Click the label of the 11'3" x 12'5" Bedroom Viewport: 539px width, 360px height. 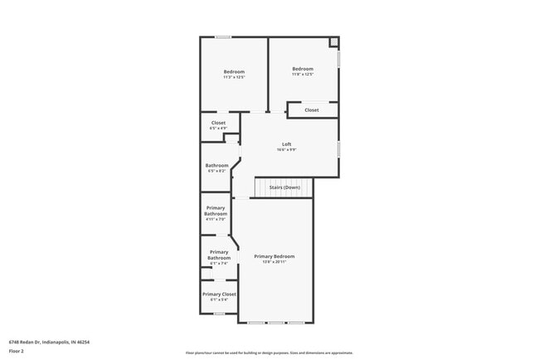pos(234,72)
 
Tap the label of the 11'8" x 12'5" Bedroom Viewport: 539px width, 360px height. pos(303,69)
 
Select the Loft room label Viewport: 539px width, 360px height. pos(287,144)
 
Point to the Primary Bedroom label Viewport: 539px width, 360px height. pos(274,256)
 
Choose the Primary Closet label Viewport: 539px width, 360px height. pos(219,294)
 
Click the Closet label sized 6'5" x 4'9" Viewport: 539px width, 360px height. pos(218,123)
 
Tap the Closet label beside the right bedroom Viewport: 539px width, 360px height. pos(312,110)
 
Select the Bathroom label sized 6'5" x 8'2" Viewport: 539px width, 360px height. pos(217,165)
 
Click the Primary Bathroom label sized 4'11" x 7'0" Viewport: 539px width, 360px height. pos(216,211)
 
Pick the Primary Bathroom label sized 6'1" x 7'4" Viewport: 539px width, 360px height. pos(219,255)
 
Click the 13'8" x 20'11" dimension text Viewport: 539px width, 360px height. pos(274,262)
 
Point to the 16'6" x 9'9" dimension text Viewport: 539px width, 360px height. pos(287,150)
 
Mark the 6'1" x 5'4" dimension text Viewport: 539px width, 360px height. pos(219,299)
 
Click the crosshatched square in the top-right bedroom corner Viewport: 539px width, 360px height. pos(333,41)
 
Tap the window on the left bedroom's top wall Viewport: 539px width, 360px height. pos(223,36)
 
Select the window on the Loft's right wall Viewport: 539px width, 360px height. pos(339,148)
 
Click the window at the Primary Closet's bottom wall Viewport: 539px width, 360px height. pos(219,314)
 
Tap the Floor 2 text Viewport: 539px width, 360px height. pos(17,351)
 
